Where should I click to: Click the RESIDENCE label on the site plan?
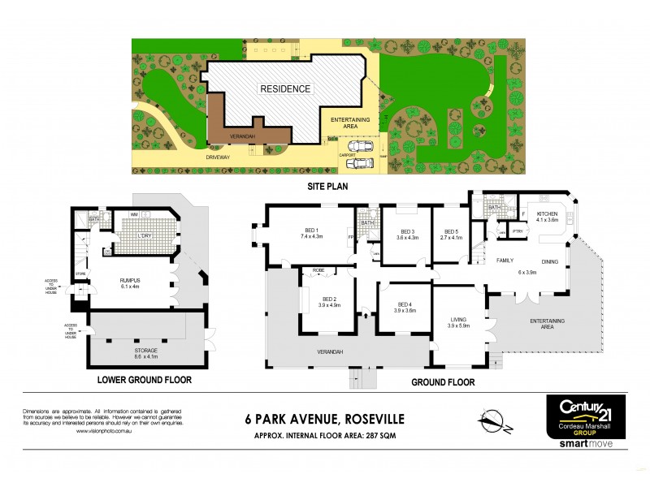tap(284, 88)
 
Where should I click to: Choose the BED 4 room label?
tap(404, 305)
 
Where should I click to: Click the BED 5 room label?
tap(451, 233)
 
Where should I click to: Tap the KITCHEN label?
tap(547, 213)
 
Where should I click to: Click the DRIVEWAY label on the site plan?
tap(218, 155)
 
